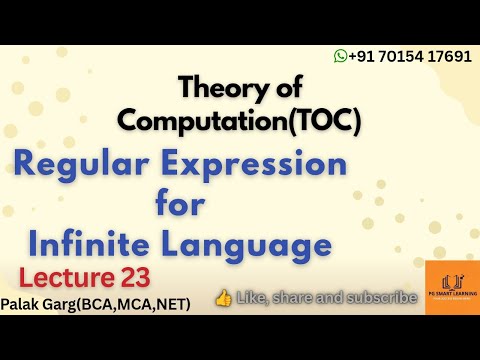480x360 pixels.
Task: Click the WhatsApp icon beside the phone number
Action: click(x=341, y=56)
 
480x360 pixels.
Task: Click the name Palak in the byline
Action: click(x=21, y=299)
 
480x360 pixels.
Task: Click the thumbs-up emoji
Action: click(x=224, y=297)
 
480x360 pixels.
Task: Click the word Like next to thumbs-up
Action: click(x=254, y=297)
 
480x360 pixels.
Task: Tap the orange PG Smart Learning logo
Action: click(x=451, y=288)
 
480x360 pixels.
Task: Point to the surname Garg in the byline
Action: click(x=59, y=299)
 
